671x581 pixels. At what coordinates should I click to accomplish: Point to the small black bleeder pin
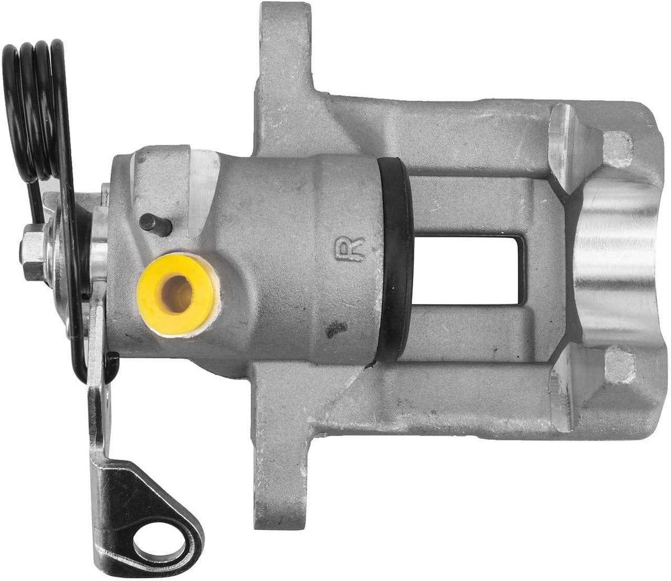tap(155, 224)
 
